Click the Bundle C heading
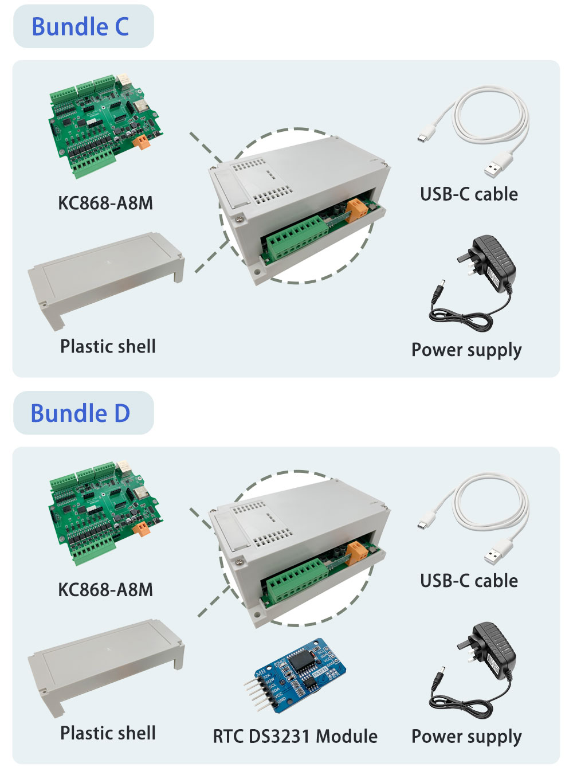[80, 27]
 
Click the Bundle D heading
[80, 413]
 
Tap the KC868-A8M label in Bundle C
[105, 203]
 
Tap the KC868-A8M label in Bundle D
[105, 590]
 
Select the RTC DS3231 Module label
[295, 736]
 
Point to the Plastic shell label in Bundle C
[108, 346]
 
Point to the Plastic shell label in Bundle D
[108, 733]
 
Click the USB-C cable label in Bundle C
[469, 194]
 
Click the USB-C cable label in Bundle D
[469, 581]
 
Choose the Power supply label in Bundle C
[466, 350]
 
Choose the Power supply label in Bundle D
[466, 737]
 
